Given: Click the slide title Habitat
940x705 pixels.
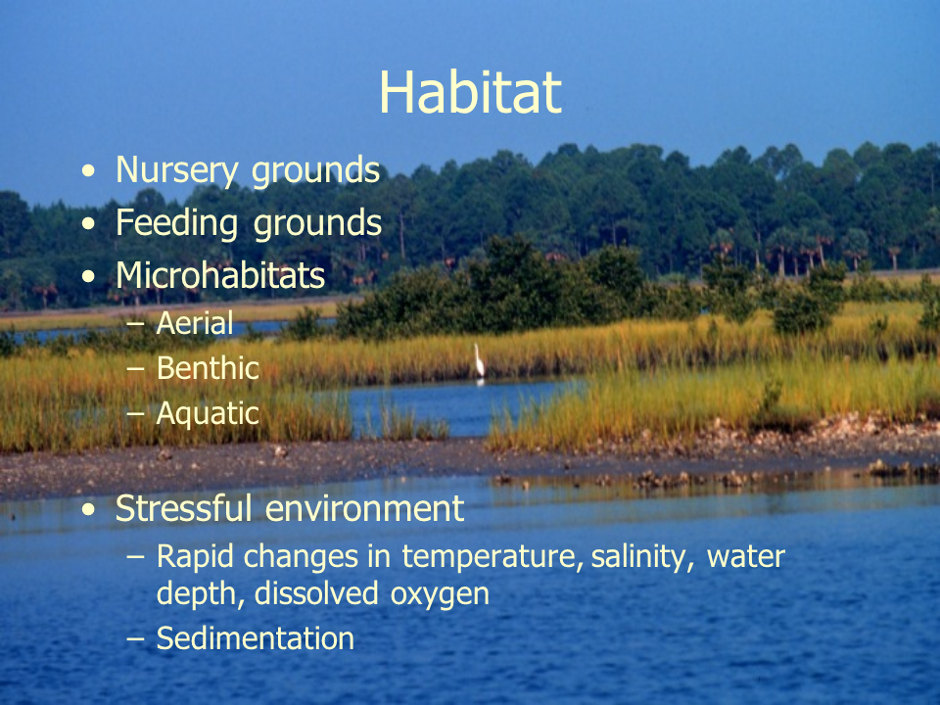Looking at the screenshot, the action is tap(471, 92).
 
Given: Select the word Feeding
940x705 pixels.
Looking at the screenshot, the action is tap(177, 224).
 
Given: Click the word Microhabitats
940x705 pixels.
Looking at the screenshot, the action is tap(220, 275).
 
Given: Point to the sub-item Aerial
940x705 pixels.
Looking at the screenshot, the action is tap(195, 323).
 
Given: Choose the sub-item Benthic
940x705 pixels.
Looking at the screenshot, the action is tap(208, 367).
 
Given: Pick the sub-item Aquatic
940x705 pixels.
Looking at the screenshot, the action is tap(208, 414).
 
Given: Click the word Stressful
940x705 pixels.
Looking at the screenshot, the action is tap(183, 508).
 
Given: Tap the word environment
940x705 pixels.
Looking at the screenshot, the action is tap(364, 509).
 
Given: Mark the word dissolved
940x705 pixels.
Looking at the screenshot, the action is tap(316, 593).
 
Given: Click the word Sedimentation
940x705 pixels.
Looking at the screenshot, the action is tap(256, 637).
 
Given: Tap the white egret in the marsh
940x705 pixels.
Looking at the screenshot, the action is tap(479, 361).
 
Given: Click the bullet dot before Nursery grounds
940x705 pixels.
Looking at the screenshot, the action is tap(88, 171).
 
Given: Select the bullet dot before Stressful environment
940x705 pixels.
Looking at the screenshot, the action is tap(88, 509).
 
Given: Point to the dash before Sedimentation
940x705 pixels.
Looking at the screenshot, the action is tap(136, 639).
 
